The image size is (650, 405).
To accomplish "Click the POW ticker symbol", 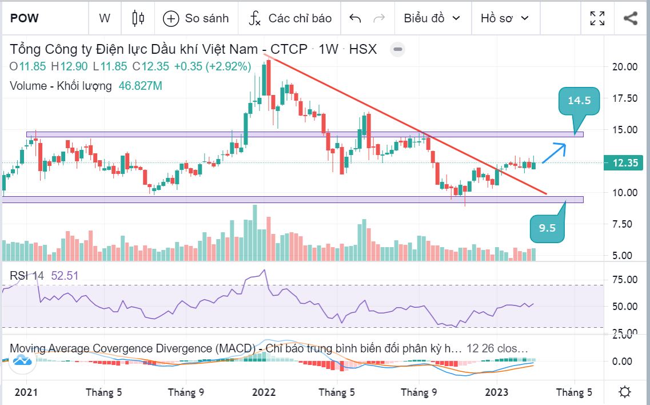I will click(x=25, y=18).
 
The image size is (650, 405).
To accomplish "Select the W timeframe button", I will click(x=105, y=18).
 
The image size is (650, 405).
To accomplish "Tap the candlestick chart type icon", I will click(x=138, y=18).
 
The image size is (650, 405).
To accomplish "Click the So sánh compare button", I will click(x=196, y=18).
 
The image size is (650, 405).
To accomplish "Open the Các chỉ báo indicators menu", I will click(x=290, y=18).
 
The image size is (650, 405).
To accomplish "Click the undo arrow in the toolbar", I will click(x=355, y=18).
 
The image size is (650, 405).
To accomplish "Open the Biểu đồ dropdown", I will click(x=432, y=18).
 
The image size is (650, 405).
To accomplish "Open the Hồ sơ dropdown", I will click(x=505, y=18).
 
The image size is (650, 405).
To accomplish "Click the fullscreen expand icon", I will click(x=597, y=18).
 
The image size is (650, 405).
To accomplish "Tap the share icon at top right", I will click(x=631, y=18).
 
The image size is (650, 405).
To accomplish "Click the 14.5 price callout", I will click(x=579, y=101).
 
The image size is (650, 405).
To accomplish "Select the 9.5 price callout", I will click(x=547, y=228).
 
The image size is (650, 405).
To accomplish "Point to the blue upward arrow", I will click(x=553, y=153).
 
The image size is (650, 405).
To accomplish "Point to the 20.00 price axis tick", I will click(x=625, y=66).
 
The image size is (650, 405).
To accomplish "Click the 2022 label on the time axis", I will click(x=264, y=392).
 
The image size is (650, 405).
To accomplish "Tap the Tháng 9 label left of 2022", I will click(x=186, y=392).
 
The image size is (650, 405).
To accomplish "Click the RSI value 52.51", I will click(x=65, y=276).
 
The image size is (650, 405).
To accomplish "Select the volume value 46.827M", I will click(x=140, y=86).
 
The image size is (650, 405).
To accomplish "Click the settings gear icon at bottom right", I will click(x=625, y=392).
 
